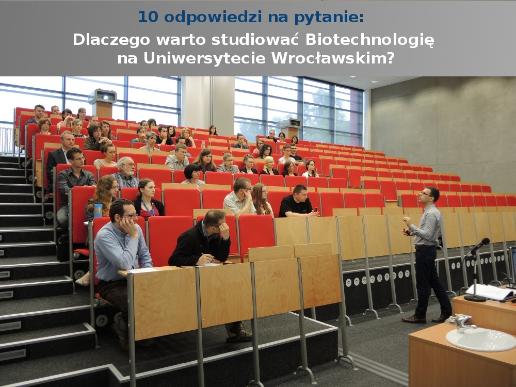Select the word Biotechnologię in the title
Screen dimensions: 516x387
point(370,40)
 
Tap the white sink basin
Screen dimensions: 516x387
point(481,340)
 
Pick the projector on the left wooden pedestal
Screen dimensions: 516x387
point(103,96)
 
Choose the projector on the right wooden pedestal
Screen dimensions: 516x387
point(290,123)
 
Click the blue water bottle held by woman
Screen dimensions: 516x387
point(98,211)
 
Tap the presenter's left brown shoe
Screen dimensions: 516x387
point(414,319)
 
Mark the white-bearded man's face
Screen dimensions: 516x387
point(127,167)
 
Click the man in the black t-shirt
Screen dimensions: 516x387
point(298,202)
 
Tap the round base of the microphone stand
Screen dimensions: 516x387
point(475,298)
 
